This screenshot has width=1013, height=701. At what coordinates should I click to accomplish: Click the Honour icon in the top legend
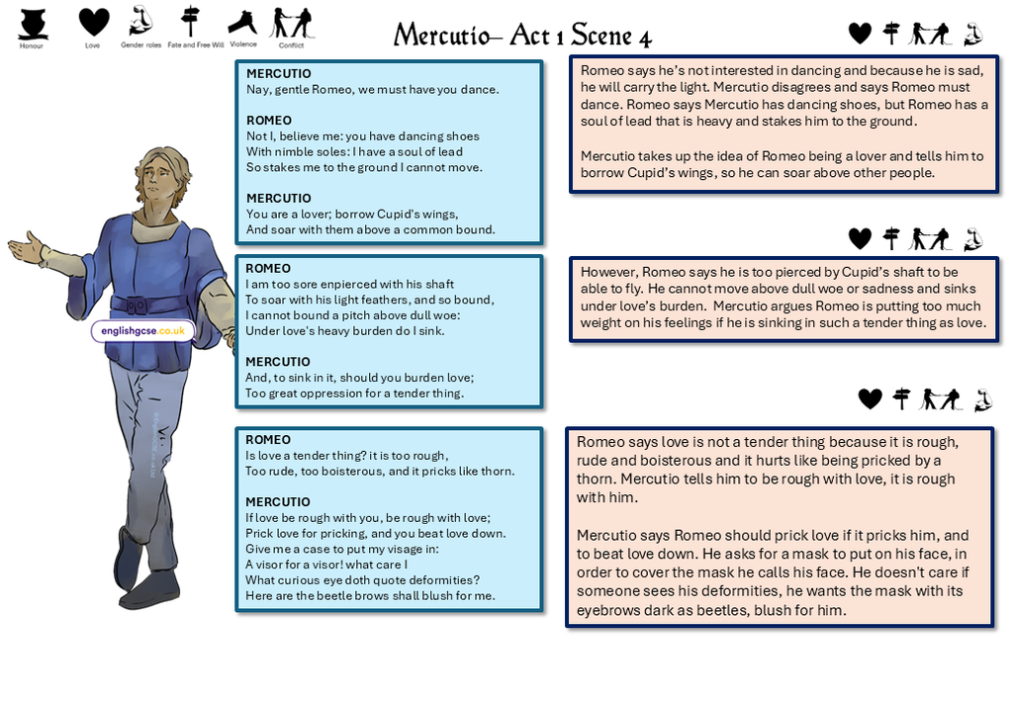(33, 23)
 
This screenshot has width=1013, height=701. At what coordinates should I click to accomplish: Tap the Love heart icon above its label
(93, 22)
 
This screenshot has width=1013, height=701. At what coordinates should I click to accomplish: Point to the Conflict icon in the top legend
(292, 22)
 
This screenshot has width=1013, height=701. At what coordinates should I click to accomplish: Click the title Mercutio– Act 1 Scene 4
(521, 37)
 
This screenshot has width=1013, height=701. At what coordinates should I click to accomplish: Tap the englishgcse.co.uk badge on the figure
(142, 331)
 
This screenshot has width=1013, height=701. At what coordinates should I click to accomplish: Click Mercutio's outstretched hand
(27, 246)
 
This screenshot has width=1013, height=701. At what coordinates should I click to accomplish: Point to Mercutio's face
(157, 181)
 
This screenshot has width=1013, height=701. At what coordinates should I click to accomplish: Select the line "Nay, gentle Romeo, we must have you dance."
(372, 90)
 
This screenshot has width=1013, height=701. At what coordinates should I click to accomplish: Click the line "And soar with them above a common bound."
(370, 229)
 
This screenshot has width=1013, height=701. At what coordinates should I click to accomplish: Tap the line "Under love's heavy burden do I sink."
(344, 331)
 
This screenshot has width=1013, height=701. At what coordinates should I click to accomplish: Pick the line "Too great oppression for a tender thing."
(354, 393)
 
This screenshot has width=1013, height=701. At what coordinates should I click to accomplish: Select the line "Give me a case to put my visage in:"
(341, 549)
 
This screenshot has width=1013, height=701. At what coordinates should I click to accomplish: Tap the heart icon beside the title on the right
(860, 35)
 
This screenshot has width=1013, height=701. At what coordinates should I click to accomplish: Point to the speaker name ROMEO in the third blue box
(268, 440)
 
